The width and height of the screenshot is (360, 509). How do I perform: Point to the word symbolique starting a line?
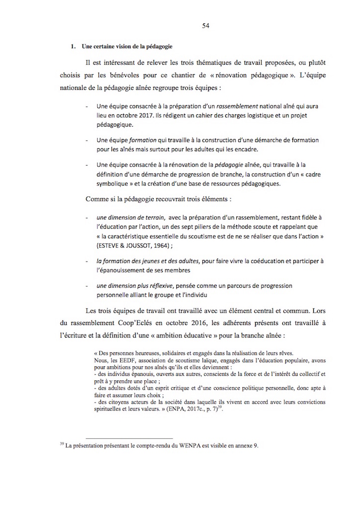(113, 183)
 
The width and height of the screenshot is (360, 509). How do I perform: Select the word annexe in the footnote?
(243, 445)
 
